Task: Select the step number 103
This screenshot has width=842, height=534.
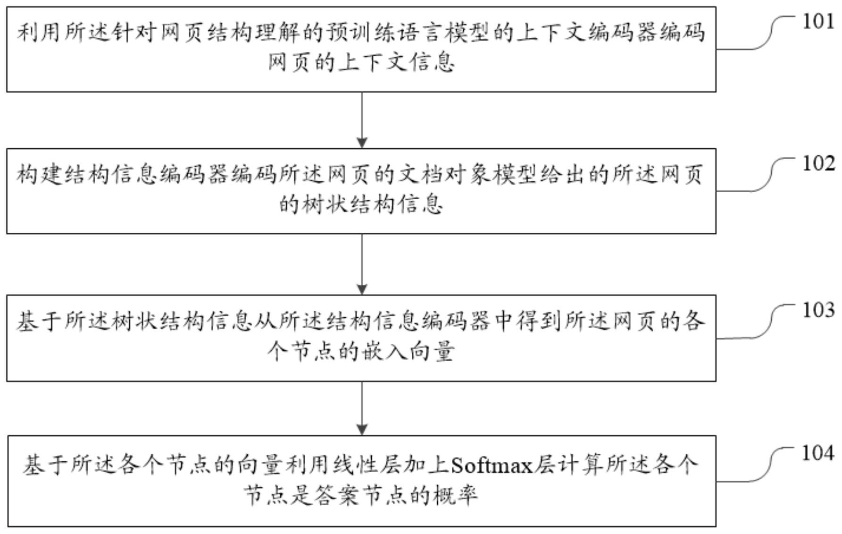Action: point(818,310)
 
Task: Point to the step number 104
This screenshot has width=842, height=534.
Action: point(818,453)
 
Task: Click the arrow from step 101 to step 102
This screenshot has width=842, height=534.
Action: point(362,120)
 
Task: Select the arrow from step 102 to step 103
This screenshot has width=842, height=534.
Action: point(362,264)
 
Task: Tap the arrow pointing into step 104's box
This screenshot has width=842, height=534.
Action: point(362,408)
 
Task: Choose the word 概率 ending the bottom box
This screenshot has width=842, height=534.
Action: point(455,496)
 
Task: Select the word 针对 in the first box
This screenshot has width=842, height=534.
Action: point(133,33)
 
